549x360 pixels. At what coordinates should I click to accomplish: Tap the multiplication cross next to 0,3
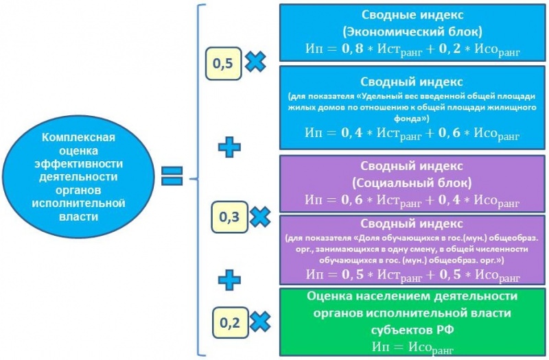tap(259, 218)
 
